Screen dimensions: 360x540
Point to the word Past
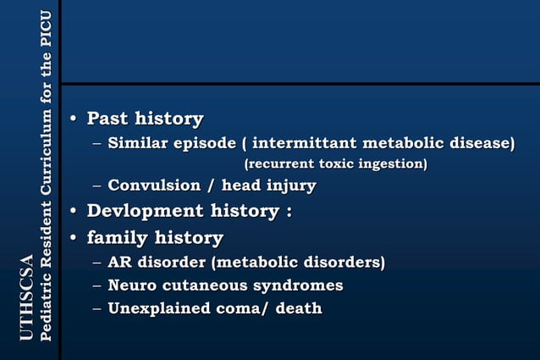pyautogui.click(x=107, y=119)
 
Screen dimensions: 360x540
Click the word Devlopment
pyautogui.click(x=143, y=211)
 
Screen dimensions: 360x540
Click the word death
pyautogui.click(x=297, y=308)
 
